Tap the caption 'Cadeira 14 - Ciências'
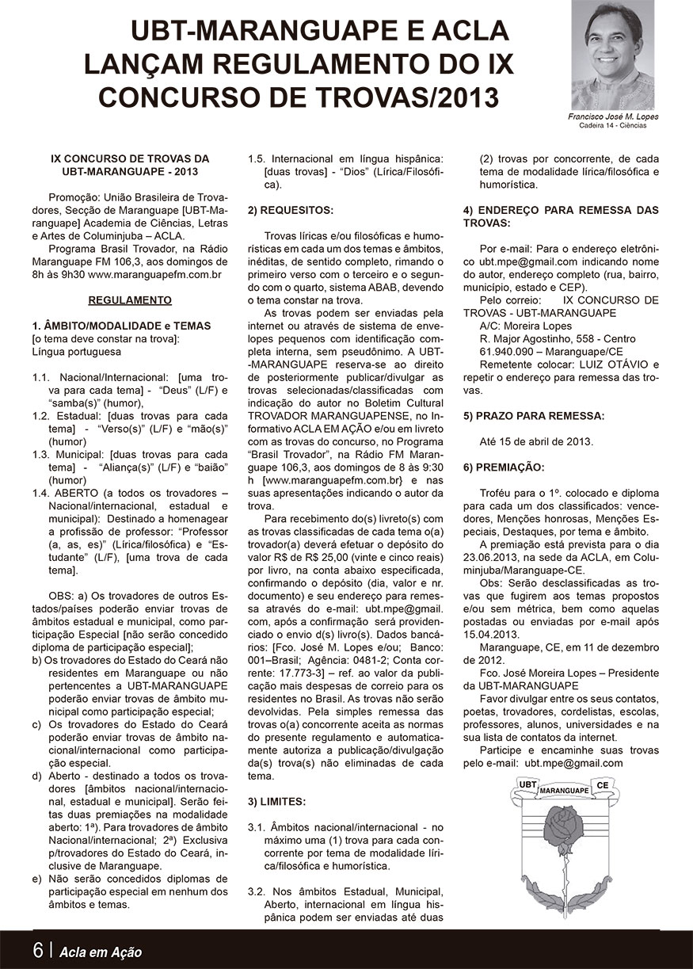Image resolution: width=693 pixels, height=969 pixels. click(x=613, y=125)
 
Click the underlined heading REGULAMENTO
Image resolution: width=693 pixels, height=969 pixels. click(x=129, y=300)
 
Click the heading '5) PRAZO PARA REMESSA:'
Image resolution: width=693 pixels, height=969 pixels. click(x=534, y=415)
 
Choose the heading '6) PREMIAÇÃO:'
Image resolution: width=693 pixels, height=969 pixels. click(x=503, y=467)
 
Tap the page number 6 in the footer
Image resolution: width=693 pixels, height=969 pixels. click(x=38, y=951)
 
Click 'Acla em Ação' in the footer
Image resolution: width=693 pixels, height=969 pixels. click(x=101, y=952)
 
